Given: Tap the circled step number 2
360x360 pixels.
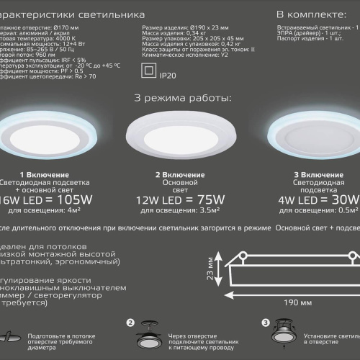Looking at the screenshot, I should [130, 324].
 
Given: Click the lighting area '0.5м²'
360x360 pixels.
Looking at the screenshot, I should [333, 211].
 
